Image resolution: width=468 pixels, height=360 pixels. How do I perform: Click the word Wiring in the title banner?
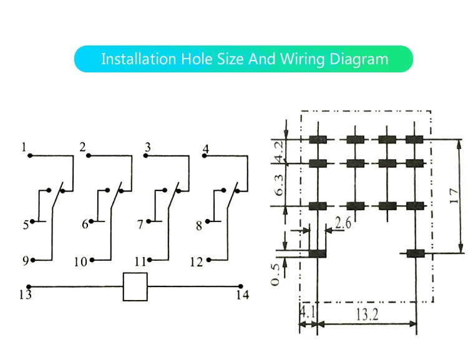pos(302,59)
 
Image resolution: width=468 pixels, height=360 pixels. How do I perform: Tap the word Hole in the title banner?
pos(197,59)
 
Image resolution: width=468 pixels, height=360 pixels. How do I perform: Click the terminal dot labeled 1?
pos(30,155)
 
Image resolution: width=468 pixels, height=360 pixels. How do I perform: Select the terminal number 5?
pos(26,225)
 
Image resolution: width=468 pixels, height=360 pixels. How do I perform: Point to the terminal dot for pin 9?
pos(33,260)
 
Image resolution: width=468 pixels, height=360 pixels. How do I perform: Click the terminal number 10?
pos(80,262)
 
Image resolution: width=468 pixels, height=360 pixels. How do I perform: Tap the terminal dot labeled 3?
pos(145,155)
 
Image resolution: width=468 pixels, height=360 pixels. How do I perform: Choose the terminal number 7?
pos(140,225)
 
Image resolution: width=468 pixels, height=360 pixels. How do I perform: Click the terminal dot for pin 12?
pos(208,260)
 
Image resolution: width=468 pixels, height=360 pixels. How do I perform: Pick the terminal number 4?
pos(206,148)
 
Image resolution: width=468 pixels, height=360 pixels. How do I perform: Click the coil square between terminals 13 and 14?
pos(135,286)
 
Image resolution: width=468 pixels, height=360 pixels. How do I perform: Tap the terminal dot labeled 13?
pos(29,286)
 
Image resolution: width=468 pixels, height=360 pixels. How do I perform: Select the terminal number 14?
pos(243,295)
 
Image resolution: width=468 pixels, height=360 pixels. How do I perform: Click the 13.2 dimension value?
pos(367,314)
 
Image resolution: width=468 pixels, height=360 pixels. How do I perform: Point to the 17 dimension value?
pos(454,196)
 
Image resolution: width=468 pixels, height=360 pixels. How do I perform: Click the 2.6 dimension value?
pos(343,223)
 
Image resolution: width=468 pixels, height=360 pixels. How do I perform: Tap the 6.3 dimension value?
pos(279,185)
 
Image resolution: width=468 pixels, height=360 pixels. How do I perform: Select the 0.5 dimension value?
pos(275,275)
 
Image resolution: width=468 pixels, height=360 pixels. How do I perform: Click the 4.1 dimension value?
pos(308,312)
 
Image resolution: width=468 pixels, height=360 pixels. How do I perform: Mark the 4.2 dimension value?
pos(279,152)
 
